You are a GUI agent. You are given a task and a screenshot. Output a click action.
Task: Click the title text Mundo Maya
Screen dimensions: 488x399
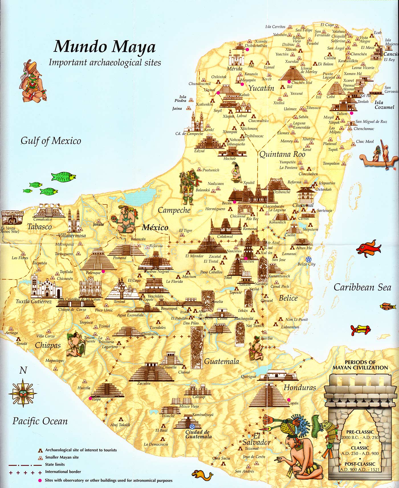[x=105, y=47]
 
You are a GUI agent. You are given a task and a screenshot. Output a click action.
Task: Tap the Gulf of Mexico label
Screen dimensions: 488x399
[x=51, y=141]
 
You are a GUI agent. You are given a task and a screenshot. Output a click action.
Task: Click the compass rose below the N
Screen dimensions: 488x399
[x=23, y=393]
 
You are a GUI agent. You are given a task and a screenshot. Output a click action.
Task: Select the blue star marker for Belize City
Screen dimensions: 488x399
[x=308, y=259]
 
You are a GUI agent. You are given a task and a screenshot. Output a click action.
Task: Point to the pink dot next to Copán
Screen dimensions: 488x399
[x=288, y=399]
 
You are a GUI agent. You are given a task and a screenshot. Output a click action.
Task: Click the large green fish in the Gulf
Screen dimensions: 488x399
[x=64, y=177]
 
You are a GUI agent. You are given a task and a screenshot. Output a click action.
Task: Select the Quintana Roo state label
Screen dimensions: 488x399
[x=282, y=154]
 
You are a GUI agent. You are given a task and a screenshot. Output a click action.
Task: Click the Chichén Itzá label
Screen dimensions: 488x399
[x=302, y=83]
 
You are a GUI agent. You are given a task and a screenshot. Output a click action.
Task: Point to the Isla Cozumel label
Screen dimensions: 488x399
[x=384, y=105]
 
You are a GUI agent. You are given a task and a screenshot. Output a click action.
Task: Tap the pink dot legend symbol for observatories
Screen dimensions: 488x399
[x=40, y=480]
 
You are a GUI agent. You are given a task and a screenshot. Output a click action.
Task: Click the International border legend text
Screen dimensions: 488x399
[x=63, y=471]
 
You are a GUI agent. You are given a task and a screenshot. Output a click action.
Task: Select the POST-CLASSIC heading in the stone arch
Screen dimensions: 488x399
[x=360, y=464]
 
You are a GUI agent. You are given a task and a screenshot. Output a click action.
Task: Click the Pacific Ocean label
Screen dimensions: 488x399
[x=40, y=421]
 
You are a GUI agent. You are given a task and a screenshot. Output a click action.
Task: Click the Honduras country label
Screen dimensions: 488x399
[x=300, y=387]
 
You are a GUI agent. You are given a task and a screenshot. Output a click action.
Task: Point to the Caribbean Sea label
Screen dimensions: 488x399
[x=362, y=287]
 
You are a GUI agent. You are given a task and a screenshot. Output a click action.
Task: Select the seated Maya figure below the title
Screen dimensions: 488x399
[x=32, y=82]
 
